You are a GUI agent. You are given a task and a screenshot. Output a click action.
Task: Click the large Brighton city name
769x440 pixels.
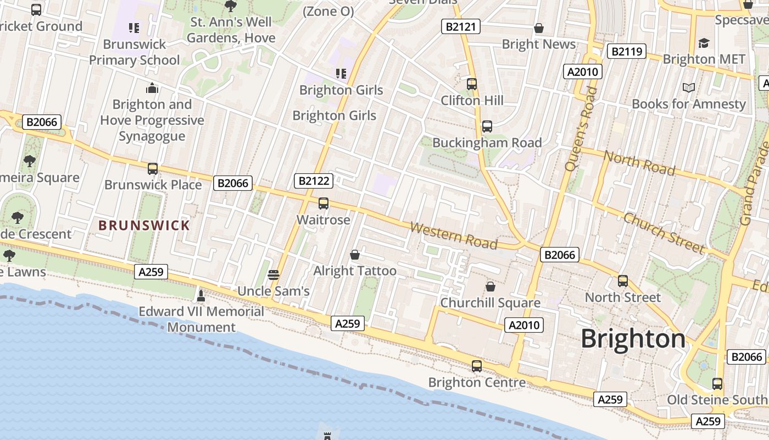coord(633,339)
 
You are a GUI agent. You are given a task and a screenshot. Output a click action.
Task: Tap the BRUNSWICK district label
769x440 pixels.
coord(144,226)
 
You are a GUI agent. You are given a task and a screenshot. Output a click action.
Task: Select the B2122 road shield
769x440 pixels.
coord(314,181)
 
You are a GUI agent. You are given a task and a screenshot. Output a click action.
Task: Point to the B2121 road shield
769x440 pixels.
coord(461,26)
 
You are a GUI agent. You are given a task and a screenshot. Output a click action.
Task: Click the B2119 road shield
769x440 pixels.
coord(627,52)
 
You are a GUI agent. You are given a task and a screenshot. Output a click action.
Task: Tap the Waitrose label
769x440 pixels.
coord(323,220)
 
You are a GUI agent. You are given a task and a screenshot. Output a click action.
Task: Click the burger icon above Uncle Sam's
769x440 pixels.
coord(274,274)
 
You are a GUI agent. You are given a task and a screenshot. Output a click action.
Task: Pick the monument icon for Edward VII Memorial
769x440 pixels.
coord(201,296)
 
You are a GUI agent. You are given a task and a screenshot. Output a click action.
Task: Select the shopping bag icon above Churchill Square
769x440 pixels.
coord(490,287)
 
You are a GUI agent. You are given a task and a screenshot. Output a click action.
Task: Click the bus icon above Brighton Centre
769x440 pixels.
coord(477,366)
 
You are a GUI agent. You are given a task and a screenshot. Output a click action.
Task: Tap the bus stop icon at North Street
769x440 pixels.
coord(622,281)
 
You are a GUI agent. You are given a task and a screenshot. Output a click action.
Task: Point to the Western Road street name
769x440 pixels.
coord(454,235)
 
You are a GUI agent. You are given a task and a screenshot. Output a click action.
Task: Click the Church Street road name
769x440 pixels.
coord(664,233)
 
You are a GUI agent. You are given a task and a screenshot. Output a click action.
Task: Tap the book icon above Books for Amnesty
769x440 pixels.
coord(688,87)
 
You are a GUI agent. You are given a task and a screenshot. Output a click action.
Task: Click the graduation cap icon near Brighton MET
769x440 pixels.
coord(704,43)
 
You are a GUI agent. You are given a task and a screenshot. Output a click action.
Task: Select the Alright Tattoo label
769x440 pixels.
coord(354,271)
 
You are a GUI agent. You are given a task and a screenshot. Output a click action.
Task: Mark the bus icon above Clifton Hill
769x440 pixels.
coord(472,84)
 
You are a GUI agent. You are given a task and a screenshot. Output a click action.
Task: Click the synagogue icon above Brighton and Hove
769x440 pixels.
coord(152,88)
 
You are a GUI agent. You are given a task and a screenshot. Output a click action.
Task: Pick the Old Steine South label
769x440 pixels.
coord(717,400)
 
